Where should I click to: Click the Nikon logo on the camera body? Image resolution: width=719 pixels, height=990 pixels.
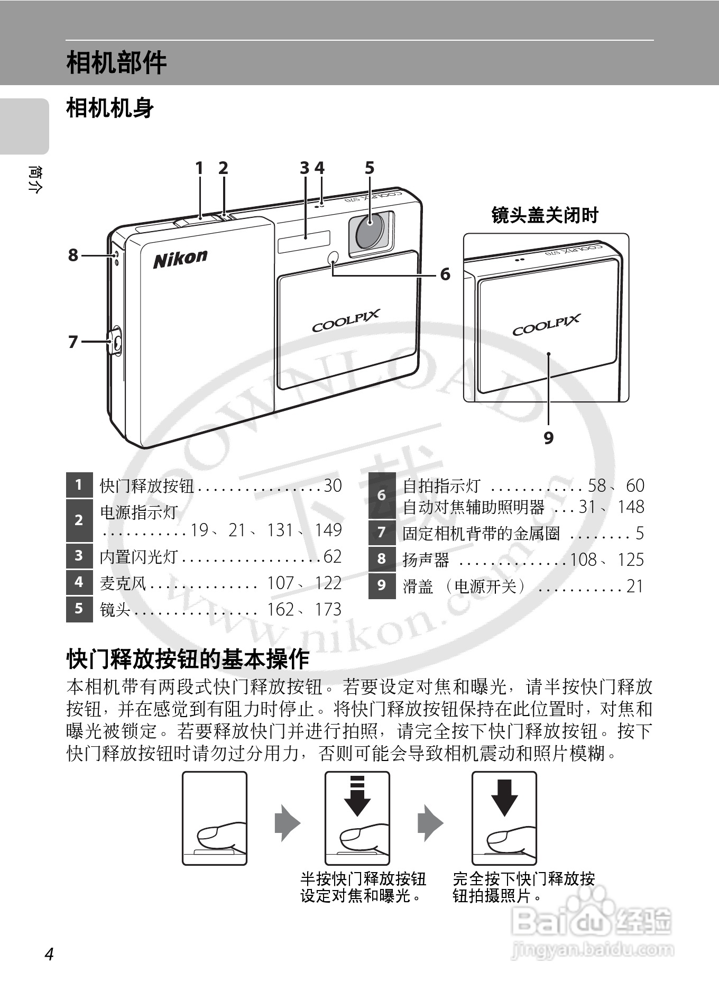point(180,259)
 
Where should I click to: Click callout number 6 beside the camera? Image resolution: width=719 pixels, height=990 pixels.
point(445,274)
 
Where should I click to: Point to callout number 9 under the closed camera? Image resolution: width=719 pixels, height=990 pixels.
point(549,438)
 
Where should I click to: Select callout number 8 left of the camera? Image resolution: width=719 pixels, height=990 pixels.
point(73,255)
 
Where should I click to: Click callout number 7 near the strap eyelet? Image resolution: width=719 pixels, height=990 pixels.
point(73,342)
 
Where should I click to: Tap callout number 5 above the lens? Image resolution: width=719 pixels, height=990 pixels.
point(369,168)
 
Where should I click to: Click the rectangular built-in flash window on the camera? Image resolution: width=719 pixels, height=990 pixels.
point(305,242)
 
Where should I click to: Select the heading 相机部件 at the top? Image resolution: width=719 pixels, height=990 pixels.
point(116,63)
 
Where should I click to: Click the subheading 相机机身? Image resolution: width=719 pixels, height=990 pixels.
point(110,108)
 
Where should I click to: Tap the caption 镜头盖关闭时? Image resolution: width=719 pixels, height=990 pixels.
point(545,215)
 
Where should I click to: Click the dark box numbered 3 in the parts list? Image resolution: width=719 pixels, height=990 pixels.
point(79,556)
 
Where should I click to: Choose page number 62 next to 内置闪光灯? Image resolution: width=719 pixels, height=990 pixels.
point(333,556)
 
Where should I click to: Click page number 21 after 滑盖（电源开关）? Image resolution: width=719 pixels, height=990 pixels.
point(634,586)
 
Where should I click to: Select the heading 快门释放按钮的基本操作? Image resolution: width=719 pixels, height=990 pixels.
point(188,659)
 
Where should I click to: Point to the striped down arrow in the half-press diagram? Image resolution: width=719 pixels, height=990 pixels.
point(357,796)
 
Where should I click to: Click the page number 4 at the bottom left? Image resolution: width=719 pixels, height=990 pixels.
point(49,954)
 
